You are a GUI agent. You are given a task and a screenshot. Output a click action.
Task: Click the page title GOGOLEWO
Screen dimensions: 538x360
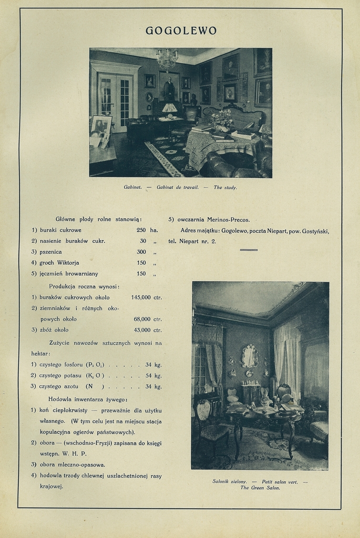pyautogui.click(x=181, y=30)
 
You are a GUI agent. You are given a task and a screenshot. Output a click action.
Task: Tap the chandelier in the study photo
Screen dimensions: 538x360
pyautogui.click(x=167, y=59)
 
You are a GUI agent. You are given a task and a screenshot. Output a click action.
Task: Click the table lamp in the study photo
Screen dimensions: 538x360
pyautogui.click(x=169, y=109)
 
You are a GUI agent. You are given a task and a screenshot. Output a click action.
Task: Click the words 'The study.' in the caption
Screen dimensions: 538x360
pyautogui.click(x=225, y=188)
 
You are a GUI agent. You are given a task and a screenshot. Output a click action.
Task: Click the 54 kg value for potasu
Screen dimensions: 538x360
pyautogui.click(x=149, y=376)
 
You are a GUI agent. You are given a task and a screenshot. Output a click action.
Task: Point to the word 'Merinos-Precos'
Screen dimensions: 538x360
pyautogui.click(x=228, y=220)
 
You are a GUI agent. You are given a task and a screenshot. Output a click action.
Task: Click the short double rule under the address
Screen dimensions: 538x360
pyautogui.click(x=249, y=250)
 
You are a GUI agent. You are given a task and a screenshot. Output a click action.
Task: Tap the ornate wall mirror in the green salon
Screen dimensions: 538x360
pyautogui.click(x=250, y=356)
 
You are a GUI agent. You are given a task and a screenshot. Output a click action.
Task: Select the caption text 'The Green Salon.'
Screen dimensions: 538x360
pyautogui.click(x=260, y=488)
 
